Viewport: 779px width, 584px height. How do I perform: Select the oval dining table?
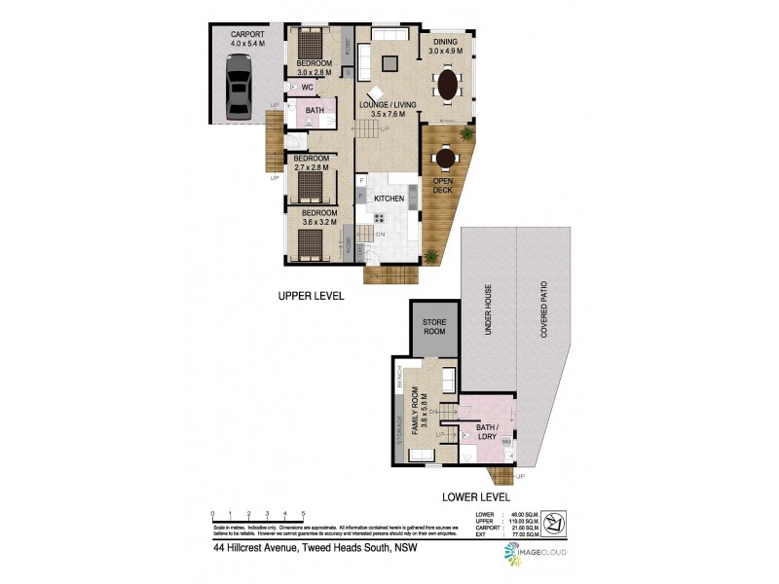[447, 83]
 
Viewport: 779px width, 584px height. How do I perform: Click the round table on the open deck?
[445, 158]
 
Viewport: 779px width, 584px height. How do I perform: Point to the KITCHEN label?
[389, 198]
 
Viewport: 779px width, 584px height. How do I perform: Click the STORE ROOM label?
[433, 326]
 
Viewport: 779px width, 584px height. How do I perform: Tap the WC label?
[307, 88]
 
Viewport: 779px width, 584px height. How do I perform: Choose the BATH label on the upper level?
[315, 111]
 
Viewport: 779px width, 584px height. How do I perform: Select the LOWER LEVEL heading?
[475, 495]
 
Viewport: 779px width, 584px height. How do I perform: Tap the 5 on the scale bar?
[303, 513]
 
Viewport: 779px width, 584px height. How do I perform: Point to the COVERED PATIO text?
[546, 312]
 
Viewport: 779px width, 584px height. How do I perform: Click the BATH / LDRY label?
[486, 432]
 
